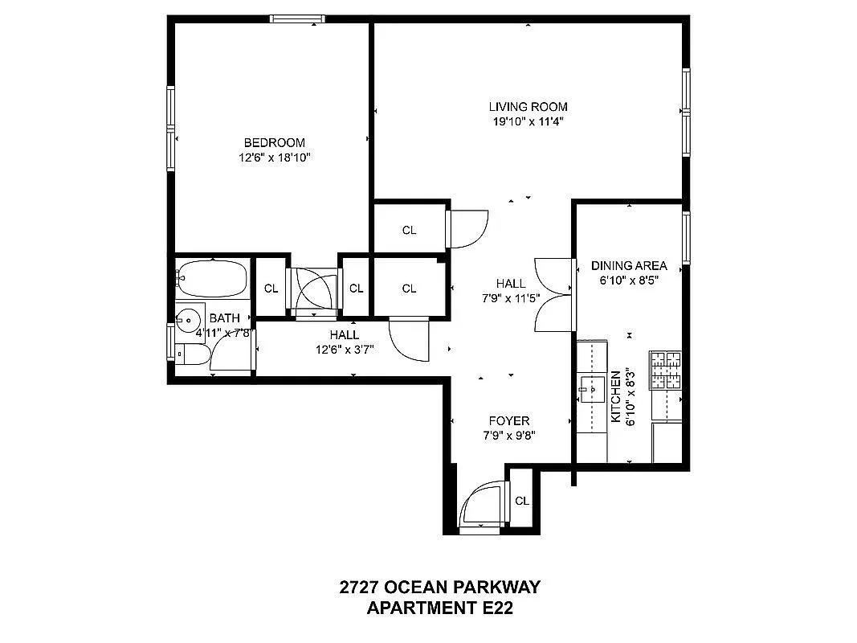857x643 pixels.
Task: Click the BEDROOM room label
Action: point(274,142)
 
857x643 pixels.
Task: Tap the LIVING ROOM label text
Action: point(528,106)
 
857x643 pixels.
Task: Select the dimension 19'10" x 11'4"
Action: point(528,122)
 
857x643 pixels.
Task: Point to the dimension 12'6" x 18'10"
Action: point(274,158)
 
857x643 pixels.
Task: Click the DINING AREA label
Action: point(629,265)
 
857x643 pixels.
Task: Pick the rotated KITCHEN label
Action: point(616,396)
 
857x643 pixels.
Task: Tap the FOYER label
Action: point(509,420)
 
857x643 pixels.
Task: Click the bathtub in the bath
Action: point(210,279)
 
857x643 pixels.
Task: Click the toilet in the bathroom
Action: point(192,354)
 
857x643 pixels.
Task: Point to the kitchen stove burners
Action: point(665,369)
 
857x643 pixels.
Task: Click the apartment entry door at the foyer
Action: point(481,506)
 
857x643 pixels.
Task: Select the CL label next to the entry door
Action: point(522,500)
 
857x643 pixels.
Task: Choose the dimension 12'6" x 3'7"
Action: point(344,349)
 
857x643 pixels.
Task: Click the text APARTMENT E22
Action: point(439,608)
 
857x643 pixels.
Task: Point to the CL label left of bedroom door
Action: point(271,289)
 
